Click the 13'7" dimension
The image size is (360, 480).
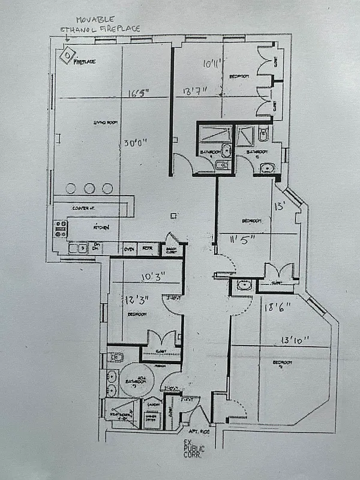pyautogui.click(x=196, y=92)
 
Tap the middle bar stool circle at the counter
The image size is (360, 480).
pyautogui.click(x=89, y=188)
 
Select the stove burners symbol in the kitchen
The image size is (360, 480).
pyautogui.click(x=61, y=229)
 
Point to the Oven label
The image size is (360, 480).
pyautogui.click(x=128, y=248)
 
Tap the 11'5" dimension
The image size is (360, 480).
pyautogui.click(x=242, y=239)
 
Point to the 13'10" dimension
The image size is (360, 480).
pyautogui.click(x=291, y=340)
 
